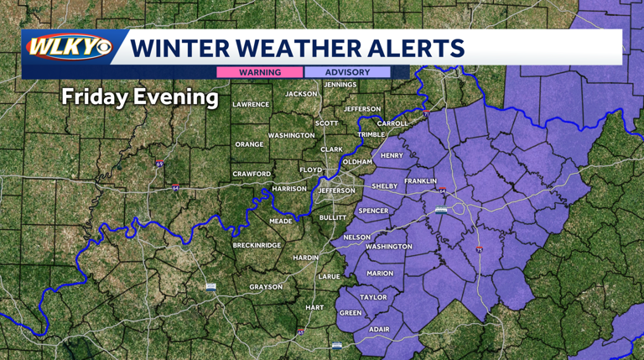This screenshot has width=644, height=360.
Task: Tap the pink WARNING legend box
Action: pos(260,72)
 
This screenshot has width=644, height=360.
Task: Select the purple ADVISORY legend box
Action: pos(347,72)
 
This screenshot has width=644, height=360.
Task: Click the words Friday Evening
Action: pos(139,97)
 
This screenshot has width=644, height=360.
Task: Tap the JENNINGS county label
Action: pos(340,85)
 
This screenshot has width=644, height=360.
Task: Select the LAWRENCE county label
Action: pos(251,104)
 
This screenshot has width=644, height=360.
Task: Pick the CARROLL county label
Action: pos(392,123)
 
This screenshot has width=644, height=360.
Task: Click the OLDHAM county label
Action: pos(357,161)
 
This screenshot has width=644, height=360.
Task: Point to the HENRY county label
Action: pos(392,155)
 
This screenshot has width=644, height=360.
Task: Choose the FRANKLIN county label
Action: pos(420,181)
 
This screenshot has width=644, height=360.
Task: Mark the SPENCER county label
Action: pos(374,211)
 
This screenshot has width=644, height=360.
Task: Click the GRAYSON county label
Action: pos(266,287)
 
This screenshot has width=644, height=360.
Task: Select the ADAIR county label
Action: pos(379,329)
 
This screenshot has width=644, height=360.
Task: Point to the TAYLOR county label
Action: pos(373,297)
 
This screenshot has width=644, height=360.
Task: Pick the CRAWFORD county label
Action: pos(252,174)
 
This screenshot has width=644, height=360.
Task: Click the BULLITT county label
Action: pos(333,217)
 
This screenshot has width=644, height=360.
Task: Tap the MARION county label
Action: pos(380,273)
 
